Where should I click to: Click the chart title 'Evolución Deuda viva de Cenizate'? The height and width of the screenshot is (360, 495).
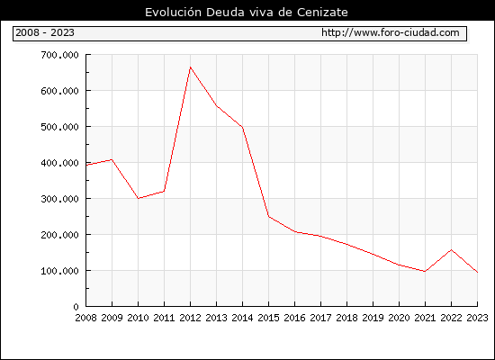point(247,13)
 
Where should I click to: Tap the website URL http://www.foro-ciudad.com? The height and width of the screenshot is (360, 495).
point(391,32)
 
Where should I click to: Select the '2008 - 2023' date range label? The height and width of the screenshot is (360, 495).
point(45,32)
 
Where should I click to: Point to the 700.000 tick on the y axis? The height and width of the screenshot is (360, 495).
point(59,55)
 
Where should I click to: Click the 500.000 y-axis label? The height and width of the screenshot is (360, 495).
point(59,127)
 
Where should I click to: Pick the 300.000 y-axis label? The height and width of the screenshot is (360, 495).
point(59,199)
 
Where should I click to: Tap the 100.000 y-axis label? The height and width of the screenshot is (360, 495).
point(59,271)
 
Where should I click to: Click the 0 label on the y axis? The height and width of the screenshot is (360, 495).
point(76,307)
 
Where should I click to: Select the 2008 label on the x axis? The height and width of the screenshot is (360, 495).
point(85,318)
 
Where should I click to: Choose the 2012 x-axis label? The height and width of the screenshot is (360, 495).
point(191,318)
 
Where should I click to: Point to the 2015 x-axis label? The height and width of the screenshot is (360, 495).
point(269,318)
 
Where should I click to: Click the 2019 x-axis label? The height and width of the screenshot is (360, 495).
point(373,318)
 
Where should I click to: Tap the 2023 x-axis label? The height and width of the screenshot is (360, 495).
point(477,318)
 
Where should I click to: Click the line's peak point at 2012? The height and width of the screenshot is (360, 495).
point(191,67)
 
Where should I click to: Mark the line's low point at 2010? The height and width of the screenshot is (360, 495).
point(139,198)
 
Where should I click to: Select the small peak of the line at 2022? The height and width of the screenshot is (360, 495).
point(452,250)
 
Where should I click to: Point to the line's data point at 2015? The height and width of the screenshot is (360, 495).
point(269,216)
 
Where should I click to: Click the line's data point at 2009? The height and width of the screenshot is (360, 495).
point(112,160)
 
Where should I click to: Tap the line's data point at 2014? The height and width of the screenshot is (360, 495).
point(242,127)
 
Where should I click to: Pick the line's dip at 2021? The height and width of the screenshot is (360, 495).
point(425,271)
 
